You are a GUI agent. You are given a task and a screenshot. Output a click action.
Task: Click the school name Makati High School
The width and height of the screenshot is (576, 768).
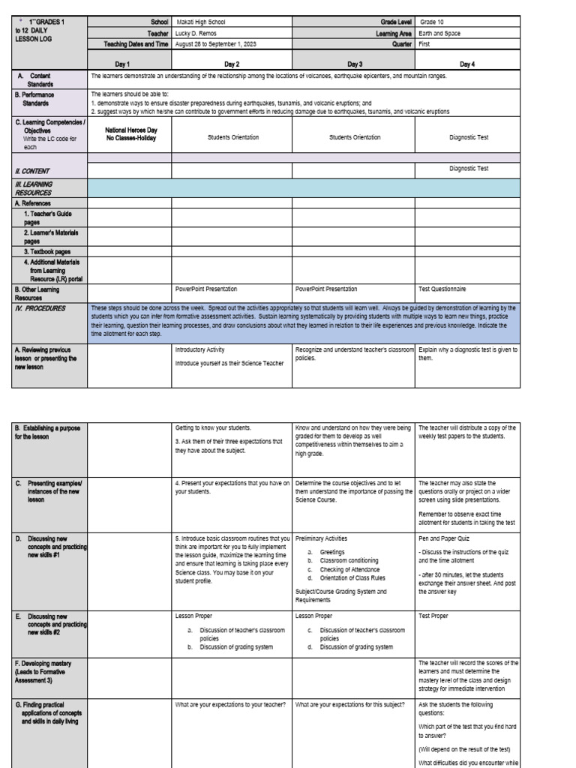[198, 22]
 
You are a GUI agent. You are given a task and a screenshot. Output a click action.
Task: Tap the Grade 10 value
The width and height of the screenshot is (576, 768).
[432, 22]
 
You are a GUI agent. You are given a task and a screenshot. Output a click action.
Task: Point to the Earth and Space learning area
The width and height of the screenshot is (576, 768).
[440, 34]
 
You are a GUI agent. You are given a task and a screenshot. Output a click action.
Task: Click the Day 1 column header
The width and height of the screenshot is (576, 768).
[129, 64]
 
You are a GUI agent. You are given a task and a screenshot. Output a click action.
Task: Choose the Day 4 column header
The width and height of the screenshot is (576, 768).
[466, 64]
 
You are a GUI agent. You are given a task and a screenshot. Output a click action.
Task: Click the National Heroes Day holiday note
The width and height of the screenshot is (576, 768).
[131, 134]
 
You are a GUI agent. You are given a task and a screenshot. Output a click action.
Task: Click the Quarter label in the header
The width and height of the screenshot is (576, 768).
[399, 44]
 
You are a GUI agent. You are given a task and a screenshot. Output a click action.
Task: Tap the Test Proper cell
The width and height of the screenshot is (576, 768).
[433, 616]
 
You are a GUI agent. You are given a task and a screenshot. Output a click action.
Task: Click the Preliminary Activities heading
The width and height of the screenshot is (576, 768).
[322, 538]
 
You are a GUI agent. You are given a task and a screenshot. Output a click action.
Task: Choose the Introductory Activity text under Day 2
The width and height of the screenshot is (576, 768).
[199, 349]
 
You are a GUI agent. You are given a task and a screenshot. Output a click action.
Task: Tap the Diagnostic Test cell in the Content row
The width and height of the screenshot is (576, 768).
[469, 169]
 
